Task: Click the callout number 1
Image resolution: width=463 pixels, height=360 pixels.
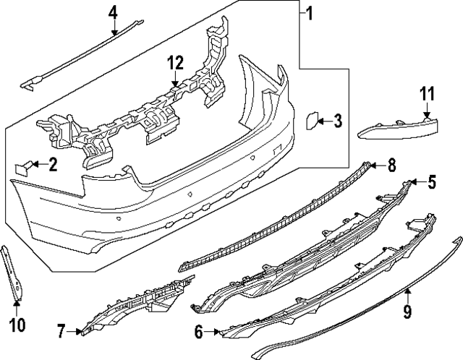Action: pos(309,14)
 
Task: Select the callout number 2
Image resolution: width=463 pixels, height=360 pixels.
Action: pos(53,166)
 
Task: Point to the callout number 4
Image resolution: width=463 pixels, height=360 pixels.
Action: pos(114,12)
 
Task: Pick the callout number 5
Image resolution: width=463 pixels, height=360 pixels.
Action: pos(431,182)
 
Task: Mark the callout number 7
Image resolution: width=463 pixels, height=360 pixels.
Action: pos(61,332)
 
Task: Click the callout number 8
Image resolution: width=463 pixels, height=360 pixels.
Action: pos(391,166)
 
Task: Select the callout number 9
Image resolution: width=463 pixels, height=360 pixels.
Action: pos(407,312)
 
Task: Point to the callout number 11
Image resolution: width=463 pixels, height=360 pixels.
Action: pos(427,93)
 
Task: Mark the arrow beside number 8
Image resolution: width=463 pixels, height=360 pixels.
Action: pos(376,166)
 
